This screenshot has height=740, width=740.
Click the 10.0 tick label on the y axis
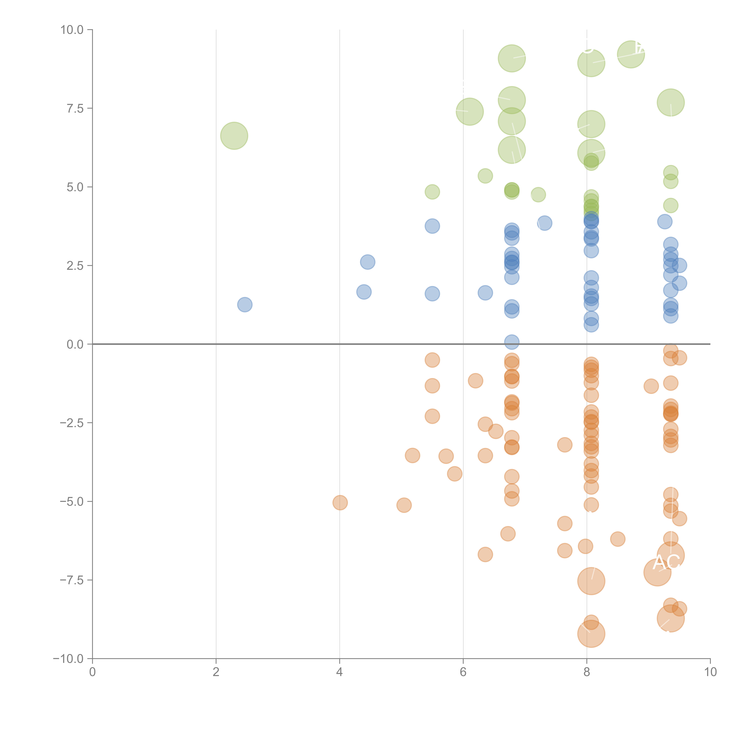point(72,30)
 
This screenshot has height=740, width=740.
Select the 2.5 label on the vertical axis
point(75,266)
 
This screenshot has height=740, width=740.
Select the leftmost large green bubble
point(234,136)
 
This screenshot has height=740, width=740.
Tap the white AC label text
point(666,562)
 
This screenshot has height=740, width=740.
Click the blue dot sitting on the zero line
point(512,342)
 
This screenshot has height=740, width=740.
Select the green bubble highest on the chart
point(631,54)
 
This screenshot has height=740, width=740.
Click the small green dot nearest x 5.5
point(432,192)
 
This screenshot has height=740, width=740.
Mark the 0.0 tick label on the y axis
point(75,344)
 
